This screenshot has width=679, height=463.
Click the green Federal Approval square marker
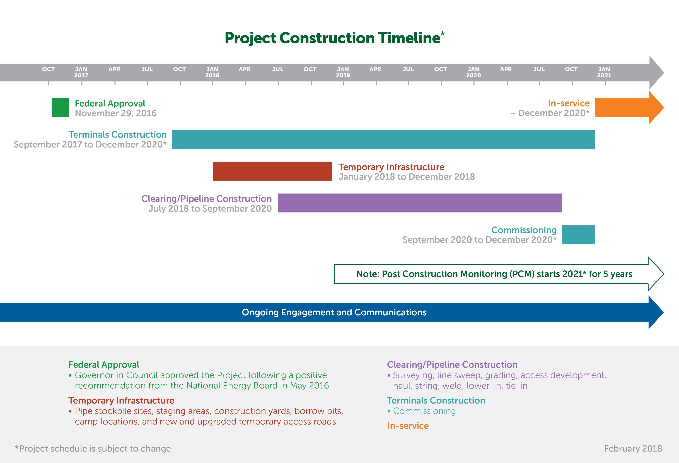tap(61, 108)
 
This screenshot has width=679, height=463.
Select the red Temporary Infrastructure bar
tap(272, 171)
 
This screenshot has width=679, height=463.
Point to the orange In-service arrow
tap(630, 108)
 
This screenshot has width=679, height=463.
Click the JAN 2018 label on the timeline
tap(212, 72)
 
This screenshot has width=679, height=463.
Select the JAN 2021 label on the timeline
tap(604, 72)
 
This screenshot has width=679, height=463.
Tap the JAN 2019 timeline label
tap(343, 72)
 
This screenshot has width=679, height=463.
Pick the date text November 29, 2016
tap(116, 113)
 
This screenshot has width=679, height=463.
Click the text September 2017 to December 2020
tap(90, 144)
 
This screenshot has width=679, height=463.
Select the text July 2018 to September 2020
tap(210, 209)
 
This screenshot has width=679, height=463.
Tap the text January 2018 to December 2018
tap(406, 177)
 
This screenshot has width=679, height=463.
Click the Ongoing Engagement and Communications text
tap(334, 312)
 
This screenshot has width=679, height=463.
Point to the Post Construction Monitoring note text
tap(494, 274)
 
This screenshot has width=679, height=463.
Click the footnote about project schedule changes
tap(93, 449)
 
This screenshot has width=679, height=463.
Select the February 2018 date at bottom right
tap(633, 449)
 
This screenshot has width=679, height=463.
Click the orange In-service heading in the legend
tap(408, 426)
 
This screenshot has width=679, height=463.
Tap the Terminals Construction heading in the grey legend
tap(436, 400)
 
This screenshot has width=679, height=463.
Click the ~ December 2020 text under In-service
tap(550, 113)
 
